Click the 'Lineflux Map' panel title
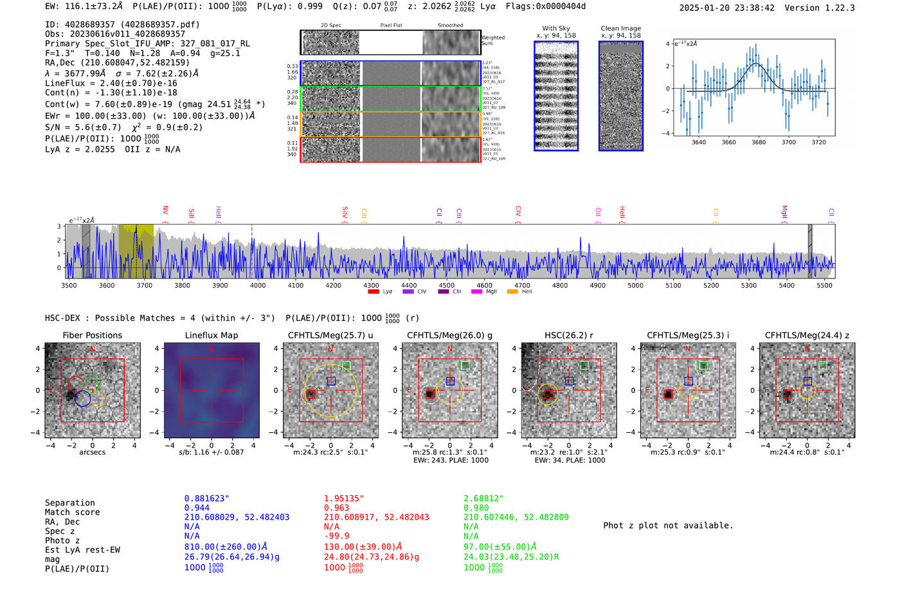click(211, 335)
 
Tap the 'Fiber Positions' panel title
click(92, 335)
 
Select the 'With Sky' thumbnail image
click(556, 96)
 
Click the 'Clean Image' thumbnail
click(620, 96)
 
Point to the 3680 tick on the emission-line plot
click(759, 142)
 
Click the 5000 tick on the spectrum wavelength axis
click(635, 285)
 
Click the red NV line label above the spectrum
click(165, 210)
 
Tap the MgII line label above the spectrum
click(784, 212)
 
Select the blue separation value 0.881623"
click(206, 499)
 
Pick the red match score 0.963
click(336, 508)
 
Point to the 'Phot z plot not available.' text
click(668, 526)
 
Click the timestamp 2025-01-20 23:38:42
click(726, 8)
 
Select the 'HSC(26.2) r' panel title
click(568, 335)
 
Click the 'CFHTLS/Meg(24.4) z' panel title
click(807, 335)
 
